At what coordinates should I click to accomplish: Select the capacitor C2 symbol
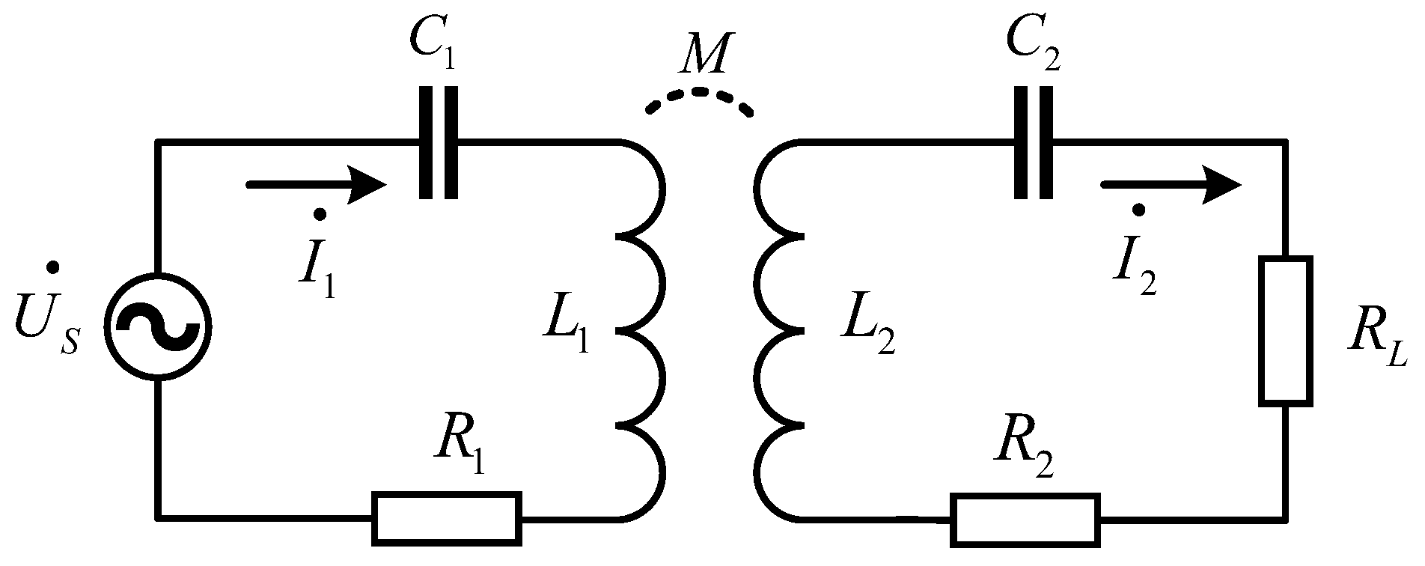(x=1034, y=142)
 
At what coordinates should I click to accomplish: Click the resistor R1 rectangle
(x=447, y=517)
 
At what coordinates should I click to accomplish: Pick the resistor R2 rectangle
(x=1026, y=517)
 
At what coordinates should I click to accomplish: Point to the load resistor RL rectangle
(x=1286, y=331)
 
